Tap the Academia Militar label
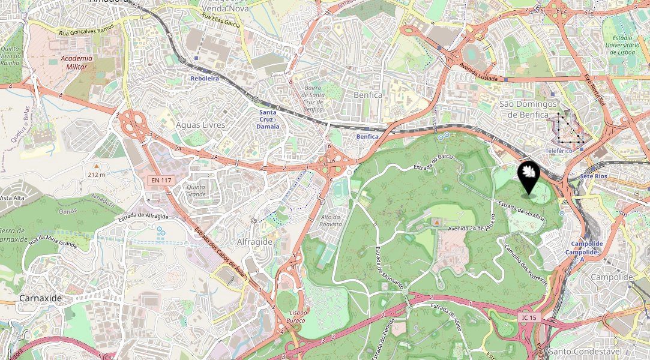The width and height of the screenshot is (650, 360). tap(76, 62)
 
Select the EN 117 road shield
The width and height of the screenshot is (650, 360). tap(161, 180)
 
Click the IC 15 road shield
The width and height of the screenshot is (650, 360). tap(528, 317)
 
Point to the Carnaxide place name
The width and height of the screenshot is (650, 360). tap(41, 298)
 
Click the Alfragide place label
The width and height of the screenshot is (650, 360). tap(254, 241)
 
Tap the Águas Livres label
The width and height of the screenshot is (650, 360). tap(200, 125)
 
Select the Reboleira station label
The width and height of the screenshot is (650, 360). tap(205, 79)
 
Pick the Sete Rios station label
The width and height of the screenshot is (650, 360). tap(595, 176)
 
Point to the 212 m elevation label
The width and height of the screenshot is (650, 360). tap(96, 175)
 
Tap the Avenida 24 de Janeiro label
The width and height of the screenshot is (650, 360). tap(471, 228)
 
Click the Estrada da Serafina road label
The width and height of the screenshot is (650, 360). tap(520, 209)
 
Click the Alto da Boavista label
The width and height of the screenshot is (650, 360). tap(331, 220)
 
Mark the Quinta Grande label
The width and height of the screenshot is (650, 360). tap(196, 190)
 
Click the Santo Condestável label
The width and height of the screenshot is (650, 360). tap(580, 351)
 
